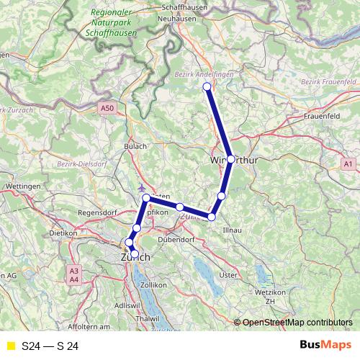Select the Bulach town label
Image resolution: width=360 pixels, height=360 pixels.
(135, 147)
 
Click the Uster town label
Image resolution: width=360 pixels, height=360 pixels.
(228, 275)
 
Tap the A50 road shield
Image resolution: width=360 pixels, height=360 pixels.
(107, 108)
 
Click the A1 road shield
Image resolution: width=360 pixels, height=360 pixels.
(348, 165)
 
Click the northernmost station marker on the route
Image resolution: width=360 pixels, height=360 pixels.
(207, 87)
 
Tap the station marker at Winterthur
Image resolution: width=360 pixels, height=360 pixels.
(230, 159)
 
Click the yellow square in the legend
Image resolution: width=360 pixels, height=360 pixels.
(9, 346)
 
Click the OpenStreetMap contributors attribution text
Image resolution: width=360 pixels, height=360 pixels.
(297, 323)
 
